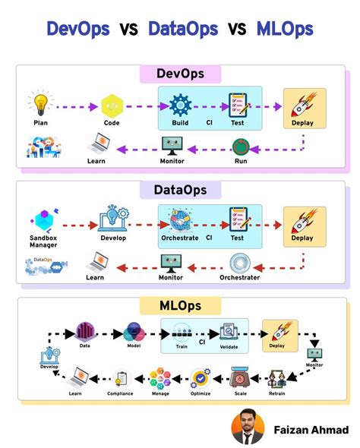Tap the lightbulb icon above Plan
pyautogui.click(x=40, y=104)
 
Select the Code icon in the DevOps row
pyautogui.click(x=112, y=105)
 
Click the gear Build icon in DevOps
pyautogui.click(x=180, y=105)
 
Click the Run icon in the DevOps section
pyautogui.click(x=240, y=146)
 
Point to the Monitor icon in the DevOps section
pyautogui.click(x=173, y=145)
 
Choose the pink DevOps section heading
pyautogui.click(x=179, y=74)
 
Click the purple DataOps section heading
pyautogui.click(x=179, y=190)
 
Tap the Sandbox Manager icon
pyautogui.click(x=43, y=219)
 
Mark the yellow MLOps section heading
pyautogui.click(x=179, y=306)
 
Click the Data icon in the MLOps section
pyautogui.click(x=84, y=332)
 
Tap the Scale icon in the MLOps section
pyautogui.click(x=241, y=377)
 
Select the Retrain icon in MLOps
pyautogui.click(x=276, y=378)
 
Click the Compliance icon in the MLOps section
pyautogui.click(x=120, y=378)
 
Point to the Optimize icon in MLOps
pyautogui.click(x=201, y=377)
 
